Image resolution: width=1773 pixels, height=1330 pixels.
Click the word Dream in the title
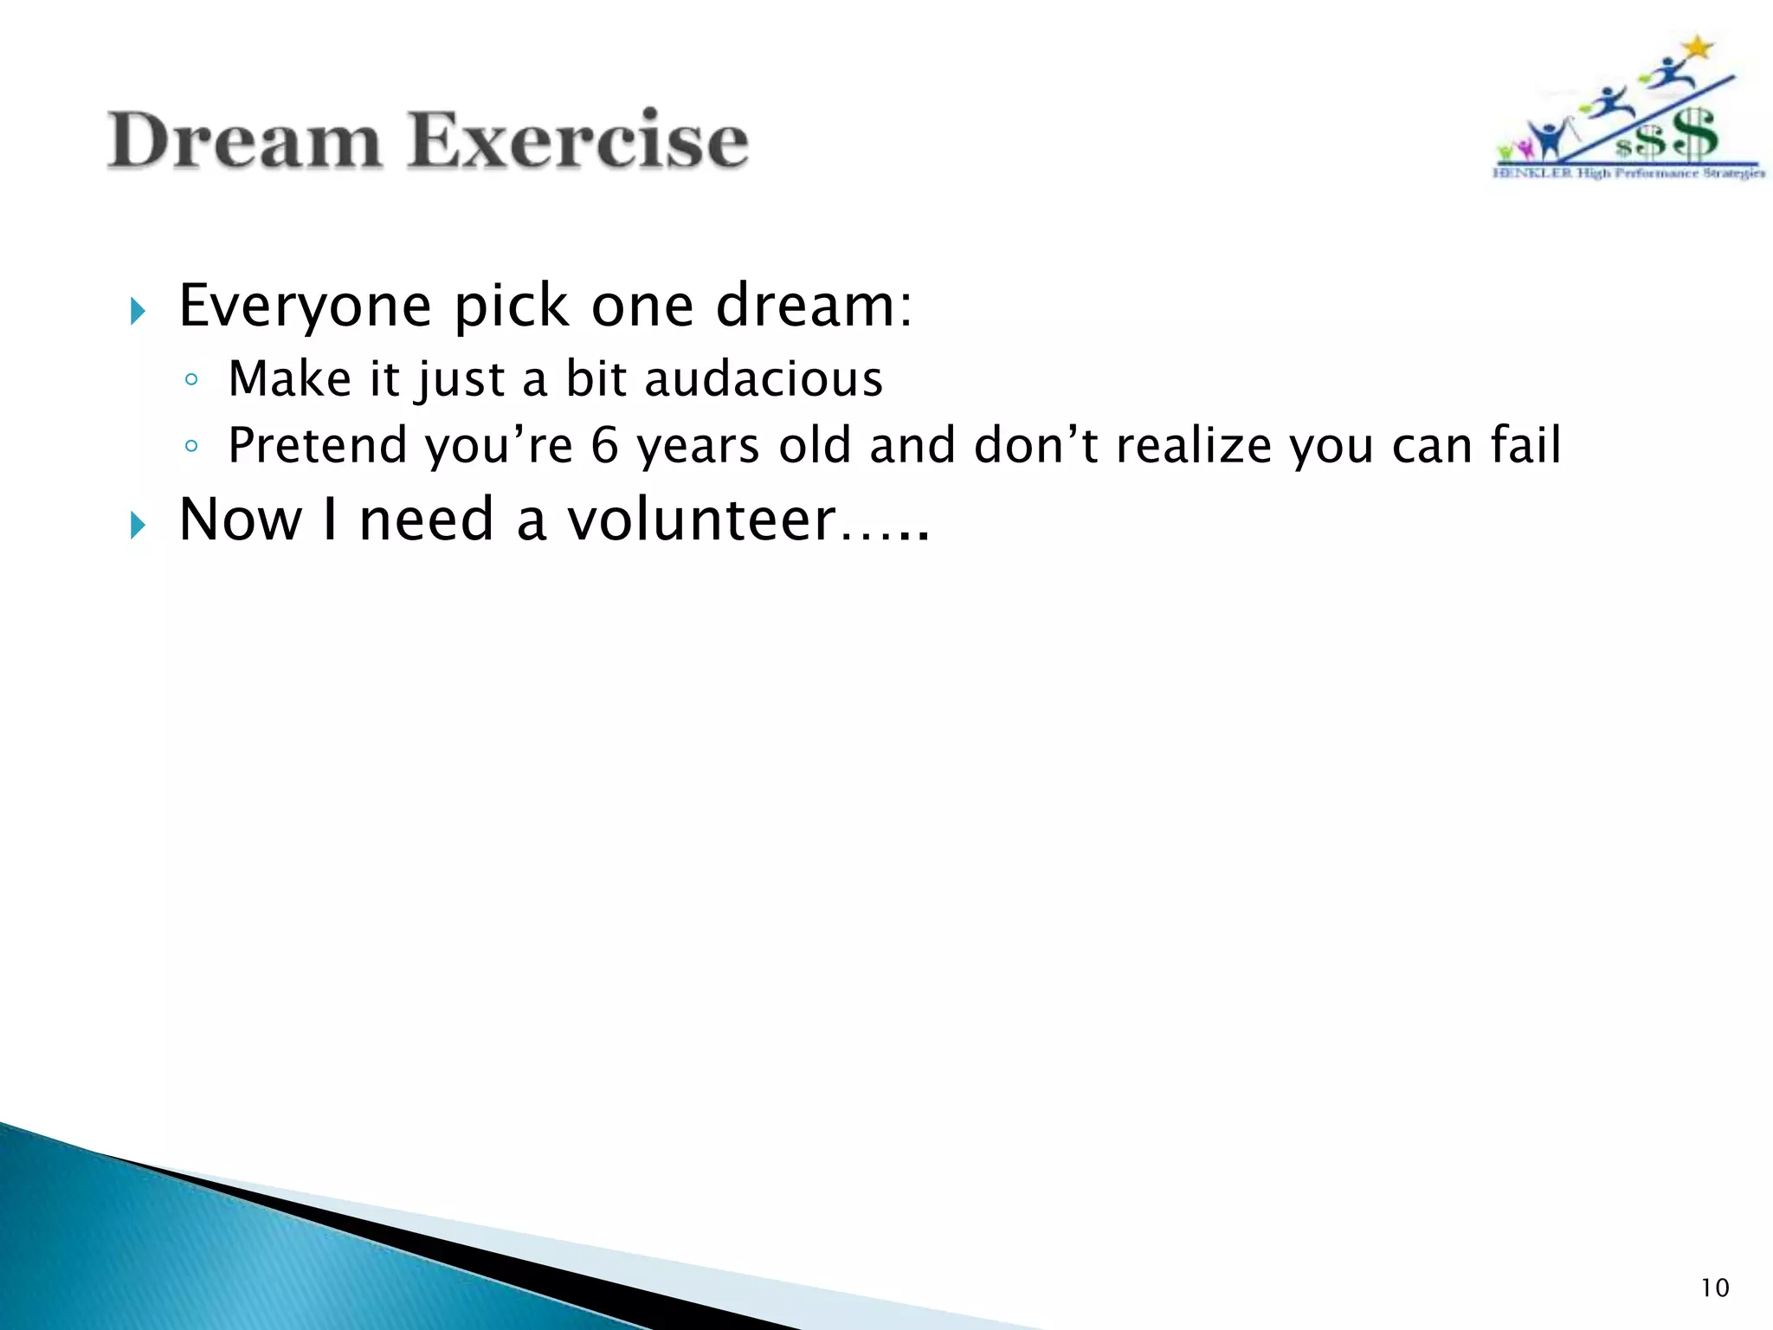(x=244, y=140)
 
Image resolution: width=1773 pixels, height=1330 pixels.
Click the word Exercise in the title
(x=578, y=140)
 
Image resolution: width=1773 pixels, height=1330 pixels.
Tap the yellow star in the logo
(x=1699, y=48)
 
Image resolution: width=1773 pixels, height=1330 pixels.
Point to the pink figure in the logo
(x=1525, y=149)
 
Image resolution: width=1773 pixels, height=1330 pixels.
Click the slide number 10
(x=1714, y=1288)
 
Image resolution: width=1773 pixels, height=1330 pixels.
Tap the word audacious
(x=763, y=379)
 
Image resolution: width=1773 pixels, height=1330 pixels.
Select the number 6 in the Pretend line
(x=604, y=445)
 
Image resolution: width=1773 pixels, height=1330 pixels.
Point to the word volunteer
(x=701, y=520)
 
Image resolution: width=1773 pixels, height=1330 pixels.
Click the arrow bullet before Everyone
(x=138, y=310)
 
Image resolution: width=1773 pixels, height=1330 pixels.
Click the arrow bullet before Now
(x=138, y=524)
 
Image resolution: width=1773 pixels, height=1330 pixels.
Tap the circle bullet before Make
(x=191, y=379)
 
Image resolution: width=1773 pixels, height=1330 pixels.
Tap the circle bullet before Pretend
(x=191, y=446)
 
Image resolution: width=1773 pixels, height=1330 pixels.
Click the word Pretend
(x=317, y=445)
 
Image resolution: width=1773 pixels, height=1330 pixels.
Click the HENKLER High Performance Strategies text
(x=1628, y=173)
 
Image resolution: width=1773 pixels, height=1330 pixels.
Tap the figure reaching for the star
(x=1667, y=76)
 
